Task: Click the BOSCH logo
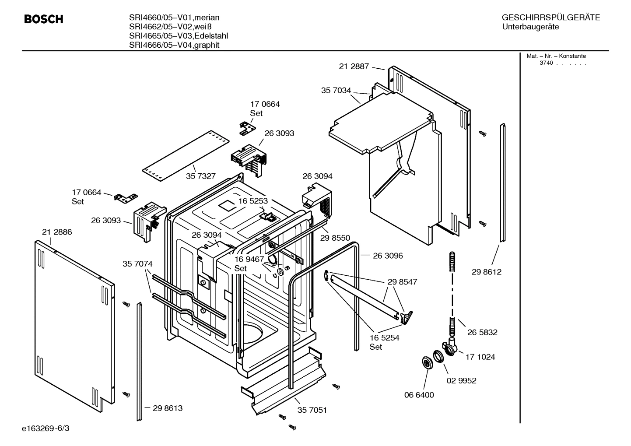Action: pos(43,19)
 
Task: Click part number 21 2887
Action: pos(354,67)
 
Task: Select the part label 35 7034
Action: pos(336,91)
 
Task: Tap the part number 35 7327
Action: pos(200,176)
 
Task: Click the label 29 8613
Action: pos(168,408)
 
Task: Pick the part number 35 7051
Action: pos(312,410)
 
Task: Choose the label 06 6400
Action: pos(419,395)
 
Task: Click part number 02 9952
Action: pos(461,380)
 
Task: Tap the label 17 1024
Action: pos(480,357)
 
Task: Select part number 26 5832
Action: pos(482,332)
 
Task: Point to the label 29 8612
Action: pos(486,272)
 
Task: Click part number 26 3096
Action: pos(388,256)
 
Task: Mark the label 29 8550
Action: pos(335,238)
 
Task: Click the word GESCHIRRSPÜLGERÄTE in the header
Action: pos(550,18)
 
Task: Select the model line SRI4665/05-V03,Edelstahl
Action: pos(178,36)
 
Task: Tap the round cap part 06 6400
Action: pos(425,362)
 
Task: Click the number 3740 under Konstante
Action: pos(546,63)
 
